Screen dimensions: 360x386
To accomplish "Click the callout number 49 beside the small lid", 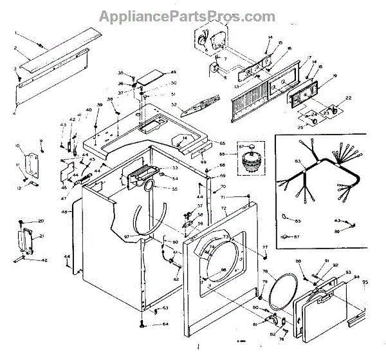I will (156, 71).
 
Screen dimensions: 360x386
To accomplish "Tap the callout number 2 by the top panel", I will (15, 48).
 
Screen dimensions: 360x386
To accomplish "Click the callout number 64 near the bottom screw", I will (165, 324).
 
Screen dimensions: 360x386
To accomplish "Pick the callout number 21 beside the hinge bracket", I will (42, 236).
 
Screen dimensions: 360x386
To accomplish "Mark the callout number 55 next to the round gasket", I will (174, 189).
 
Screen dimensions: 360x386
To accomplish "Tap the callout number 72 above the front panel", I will (224, 209).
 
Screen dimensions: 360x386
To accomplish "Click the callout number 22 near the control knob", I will (348, 98).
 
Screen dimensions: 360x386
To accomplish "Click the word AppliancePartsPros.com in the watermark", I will (192, 15).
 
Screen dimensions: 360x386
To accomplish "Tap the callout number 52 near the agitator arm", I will (174, 105).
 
